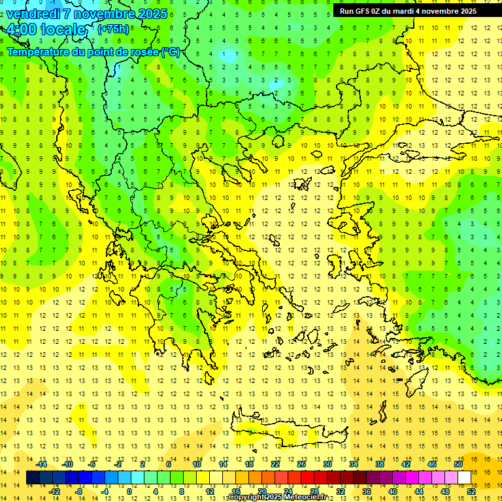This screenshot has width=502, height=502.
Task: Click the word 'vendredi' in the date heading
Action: pyautogui.click(x=34, y=14)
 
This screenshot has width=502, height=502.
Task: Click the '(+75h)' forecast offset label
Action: pyautogui.click(x=113, y=29)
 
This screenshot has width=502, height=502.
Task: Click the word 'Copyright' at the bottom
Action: pyautogui.click(x=247, y=497)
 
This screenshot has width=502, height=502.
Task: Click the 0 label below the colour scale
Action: pyautogui.click(x=129, y=491)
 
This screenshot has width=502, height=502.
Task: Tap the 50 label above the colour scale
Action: pyautogui.click(x=458, y=464)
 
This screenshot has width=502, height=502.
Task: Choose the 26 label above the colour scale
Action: pyautogui.click(x=301, y=464)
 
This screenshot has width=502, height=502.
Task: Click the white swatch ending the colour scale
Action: pyautogui.click(x=465, y=478)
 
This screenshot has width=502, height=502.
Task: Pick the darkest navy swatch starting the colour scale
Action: pyautogui.click(x=33, y=478)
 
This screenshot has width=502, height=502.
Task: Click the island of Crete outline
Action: pyautogui.click(x=288, y=432)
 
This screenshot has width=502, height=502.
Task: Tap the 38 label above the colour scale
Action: pyautogui.click(x=379, y=464)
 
